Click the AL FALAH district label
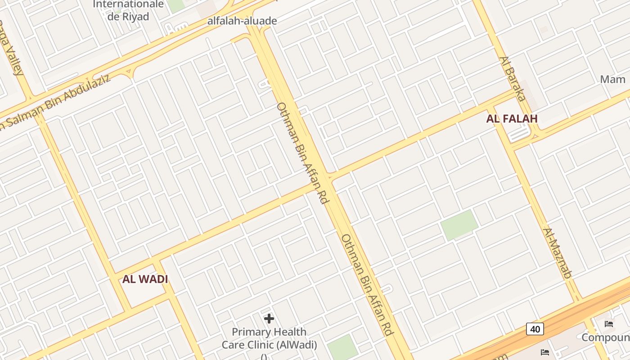click(x=512, y=119)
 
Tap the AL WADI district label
click(x=145, y=279)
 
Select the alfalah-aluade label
click(x=242, y=21)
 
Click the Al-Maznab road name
click(x=557, y=253)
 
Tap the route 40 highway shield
click(x=535, y=329)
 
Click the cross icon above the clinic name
click(x=269, y=319)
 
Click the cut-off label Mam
click(x=613, y=80)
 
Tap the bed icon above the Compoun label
click(x=609, y=324)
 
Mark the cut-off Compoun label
click(x=605, y=337)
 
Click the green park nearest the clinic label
click(x=342, y=347)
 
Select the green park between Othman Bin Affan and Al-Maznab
click(x=459, y=224)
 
